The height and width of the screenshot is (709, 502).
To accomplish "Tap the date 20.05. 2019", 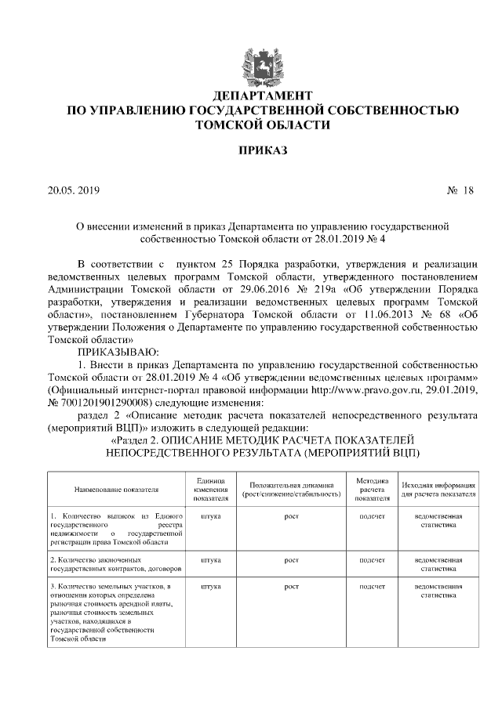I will [x=75, y=190].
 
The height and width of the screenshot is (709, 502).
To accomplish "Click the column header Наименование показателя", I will [x=117, y=490].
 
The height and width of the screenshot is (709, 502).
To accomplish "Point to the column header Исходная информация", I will [x=438, y=490].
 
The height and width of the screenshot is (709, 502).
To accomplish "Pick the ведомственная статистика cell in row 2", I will [x=438, y=566].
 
